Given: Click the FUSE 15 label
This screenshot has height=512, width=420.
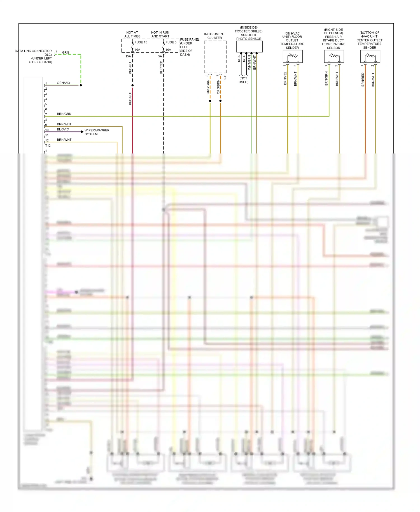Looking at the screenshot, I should point(141,42).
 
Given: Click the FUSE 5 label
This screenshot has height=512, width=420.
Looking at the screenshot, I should point(171,42).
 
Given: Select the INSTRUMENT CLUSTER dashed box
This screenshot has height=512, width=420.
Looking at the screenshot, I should point(215,57).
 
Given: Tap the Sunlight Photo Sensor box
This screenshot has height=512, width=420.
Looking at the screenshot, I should point(249,46).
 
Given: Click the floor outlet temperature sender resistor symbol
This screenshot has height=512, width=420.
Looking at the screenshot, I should point(293,57).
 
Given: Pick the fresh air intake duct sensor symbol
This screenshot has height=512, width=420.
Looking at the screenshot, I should point(334,57).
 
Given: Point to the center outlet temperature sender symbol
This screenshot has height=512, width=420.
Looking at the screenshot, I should point(370,57).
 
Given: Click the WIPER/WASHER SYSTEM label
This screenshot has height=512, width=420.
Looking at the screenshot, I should point(97,132).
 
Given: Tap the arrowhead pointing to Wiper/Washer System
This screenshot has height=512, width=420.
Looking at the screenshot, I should point(82,132).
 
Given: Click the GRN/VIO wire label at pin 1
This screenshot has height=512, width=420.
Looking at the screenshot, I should point(63,83).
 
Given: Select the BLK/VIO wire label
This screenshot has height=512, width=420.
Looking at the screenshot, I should point(63,129).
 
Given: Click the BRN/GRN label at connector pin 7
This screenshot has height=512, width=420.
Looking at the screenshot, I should point(64,114).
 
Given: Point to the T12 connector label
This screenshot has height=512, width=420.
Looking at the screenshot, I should point(48,146).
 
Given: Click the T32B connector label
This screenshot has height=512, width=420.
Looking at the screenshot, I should point(225,78).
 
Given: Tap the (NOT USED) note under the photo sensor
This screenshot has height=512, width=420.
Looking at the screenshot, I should point(243,80).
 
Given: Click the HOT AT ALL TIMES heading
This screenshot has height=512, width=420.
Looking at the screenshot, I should point(132,34).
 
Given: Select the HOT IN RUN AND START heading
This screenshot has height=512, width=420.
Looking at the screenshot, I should point(160,34).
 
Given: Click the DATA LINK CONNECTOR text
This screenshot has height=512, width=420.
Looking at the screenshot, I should point(33,51).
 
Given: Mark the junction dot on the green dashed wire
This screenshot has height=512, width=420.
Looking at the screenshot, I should point(81,85).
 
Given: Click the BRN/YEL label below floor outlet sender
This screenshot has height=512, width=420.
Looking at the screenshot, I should point(285,78).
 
